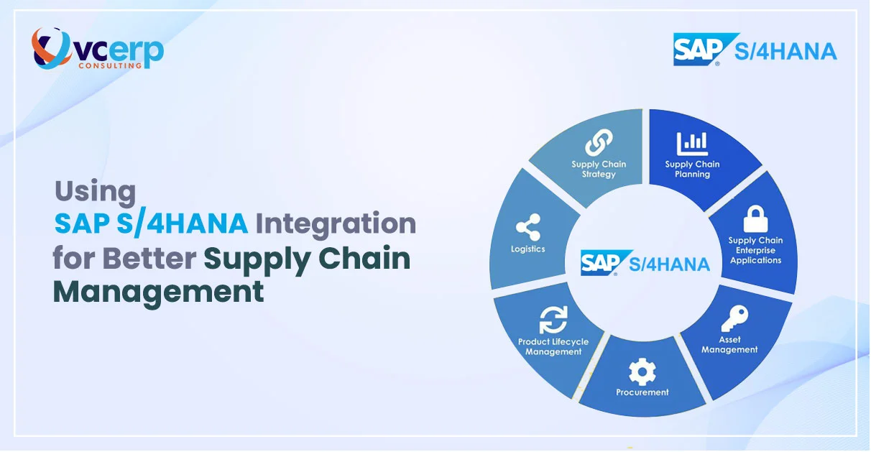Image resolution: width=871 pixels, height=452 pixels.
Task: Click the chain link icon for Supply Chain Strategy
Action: click(x=599, y=142)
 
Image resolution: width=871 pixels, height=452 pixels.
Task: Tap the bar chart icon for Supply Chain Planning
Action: click(x=692, y=143)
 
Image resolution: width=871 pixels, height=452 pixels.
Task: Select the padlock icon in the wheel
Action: click(x=755, y=218)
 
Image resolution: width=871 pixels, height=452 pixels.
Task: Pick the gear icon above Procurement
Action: click(x=642, y=372)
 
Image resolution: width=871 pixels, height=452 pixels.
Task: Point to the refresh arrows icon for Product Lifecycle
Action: click(x=553, y=319)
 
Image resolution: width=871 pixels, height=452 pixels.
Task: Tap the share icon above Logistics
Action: click(x=527, y=229)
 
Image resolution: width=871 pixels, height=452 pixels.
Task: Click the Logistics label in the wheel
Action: click(x=527, y=249)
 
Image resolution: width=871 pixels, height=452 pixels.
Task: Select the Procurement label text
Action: click(x=642, y=392)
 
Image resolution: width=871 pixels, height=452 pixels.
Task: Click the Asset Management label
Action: click(x=729, y=345)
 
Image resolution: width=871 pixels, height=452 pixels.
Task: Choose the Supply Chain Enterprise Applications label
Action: click(x=755, y=250)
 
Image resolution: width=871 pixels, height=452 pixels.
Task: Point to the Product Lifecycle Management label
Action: click(x=553, y=347)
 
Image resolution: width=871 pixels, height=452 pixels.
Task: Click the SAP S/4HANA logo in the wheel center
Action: click(x=645, y=263)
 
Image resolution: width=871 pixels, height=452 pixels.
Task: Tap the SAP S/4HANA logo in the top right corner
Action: click(x=755, y=50)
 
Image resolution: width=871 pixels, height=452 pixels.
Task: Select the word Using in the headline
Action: click(x=95, y=191)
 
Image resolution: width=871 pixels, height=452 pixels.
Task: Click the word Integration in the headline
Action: click(x=336, y=223)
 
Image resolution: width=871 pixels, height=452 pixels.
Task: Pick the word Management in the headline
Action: click(x=158, y=292)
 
